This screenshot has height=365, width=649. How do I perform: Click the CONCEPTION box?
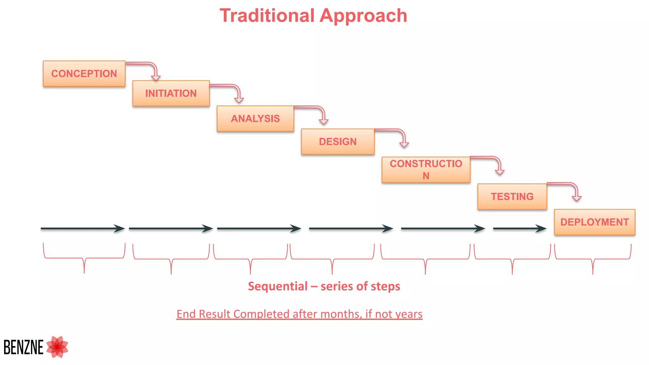84,74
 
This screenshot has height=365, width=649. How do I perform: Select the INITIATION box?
171,93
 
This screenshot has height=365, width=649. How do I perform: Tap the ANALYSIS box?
255,118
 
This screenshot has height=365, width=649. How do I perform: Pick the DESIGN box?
337,142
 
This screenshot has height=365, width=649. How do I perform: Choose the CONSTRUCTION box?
426,170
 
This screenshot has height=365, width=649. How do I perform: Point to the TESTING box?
512,196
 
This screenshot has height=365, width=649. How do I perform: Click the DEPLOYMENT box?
594,222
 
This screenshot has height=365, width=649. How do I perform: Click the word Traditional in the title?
267,16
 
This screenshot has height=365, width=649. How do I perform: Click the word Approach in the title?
363,16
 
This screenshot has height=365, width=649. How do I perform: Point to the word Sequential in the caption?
278,286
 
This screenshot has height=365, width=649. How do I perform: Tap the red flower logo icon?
57,347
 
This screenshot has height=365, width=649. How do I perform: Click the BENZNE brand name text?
23,347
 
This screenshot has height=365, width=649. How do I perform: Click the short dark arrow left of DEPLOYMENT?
519,228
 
